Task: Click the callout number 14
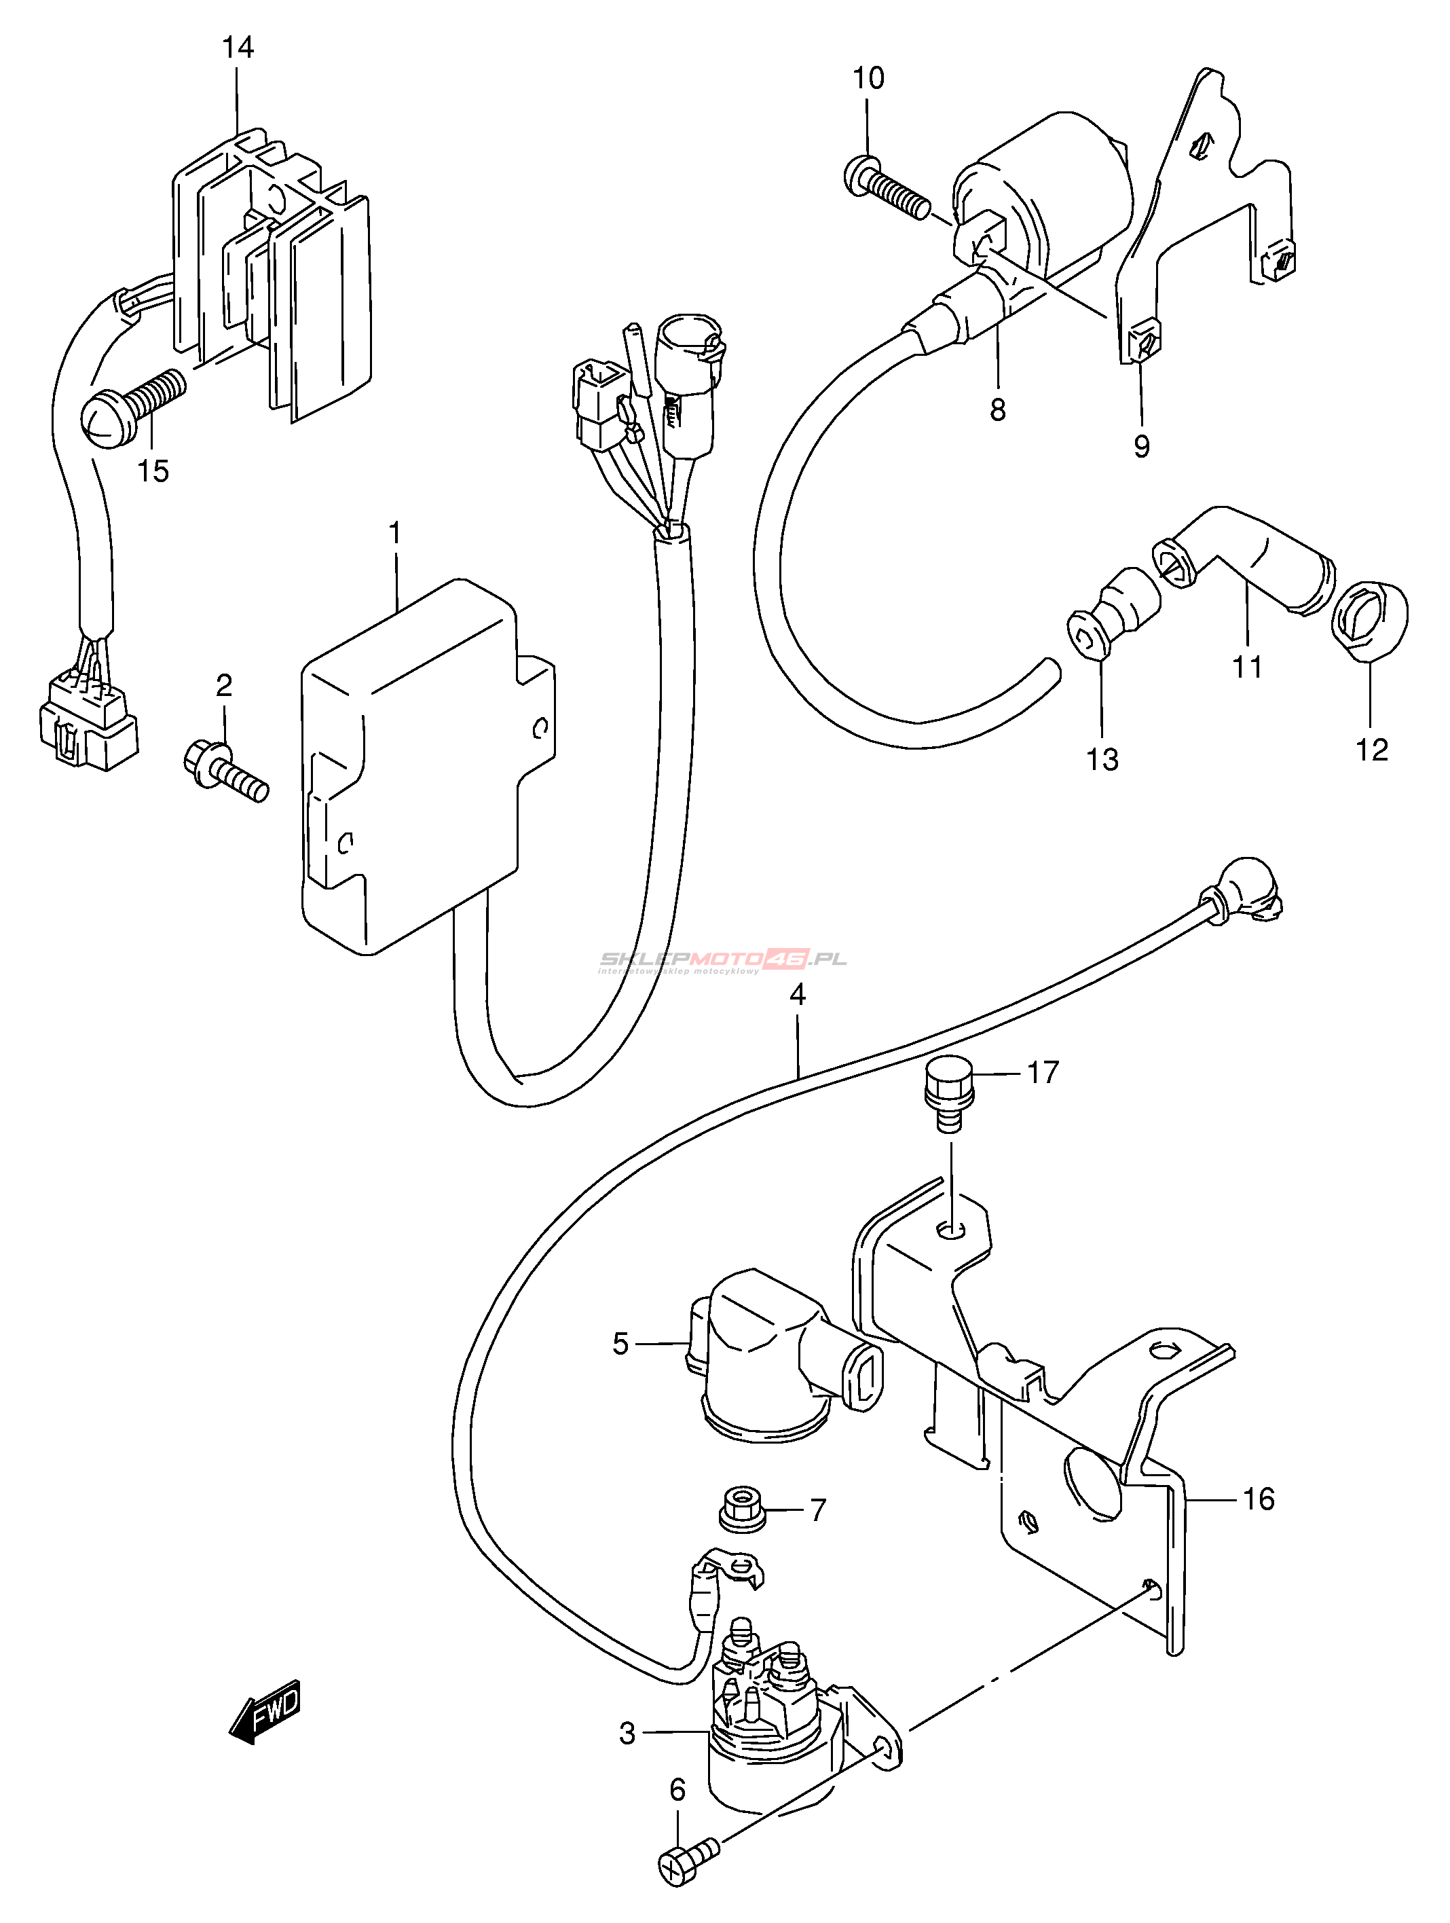point(238,47)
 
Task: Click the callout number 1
point(396,533)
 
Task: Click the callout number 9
point(1141,446)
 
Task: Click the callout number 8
point(997,409)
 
